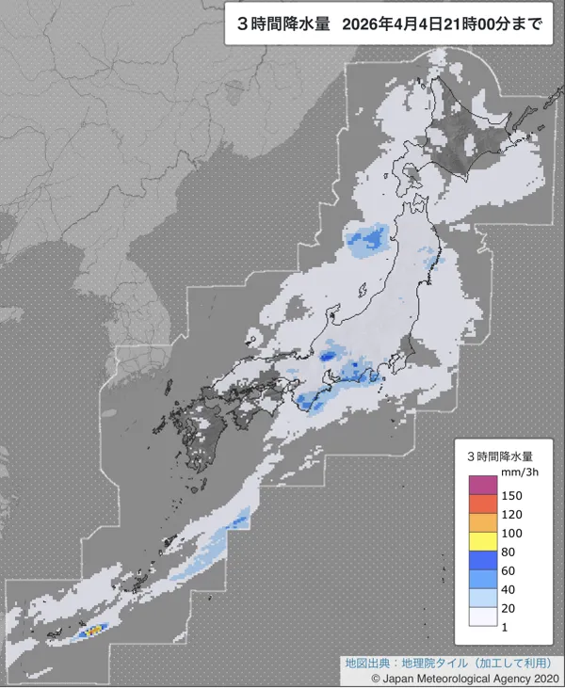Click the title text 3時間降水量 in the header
[x=282, y=24]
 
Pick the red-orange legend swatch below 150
[x=482, y=504]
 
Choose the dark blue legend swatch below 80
[x=482, y=560]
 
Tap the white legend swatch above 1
[x=482, y=616]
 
